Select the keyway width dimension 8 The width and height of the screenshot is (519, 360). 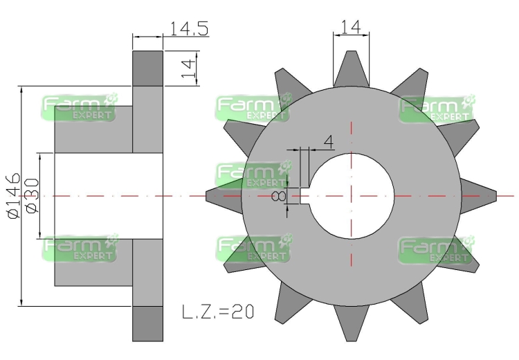pyautogui.click(x=280, y=197)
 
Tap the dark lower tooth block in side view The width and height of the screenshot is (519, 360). pyautogui.click(x=147, y=323)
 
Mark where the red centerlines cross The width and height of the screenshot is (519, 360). pyautogui.click(x=351, y=196)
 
